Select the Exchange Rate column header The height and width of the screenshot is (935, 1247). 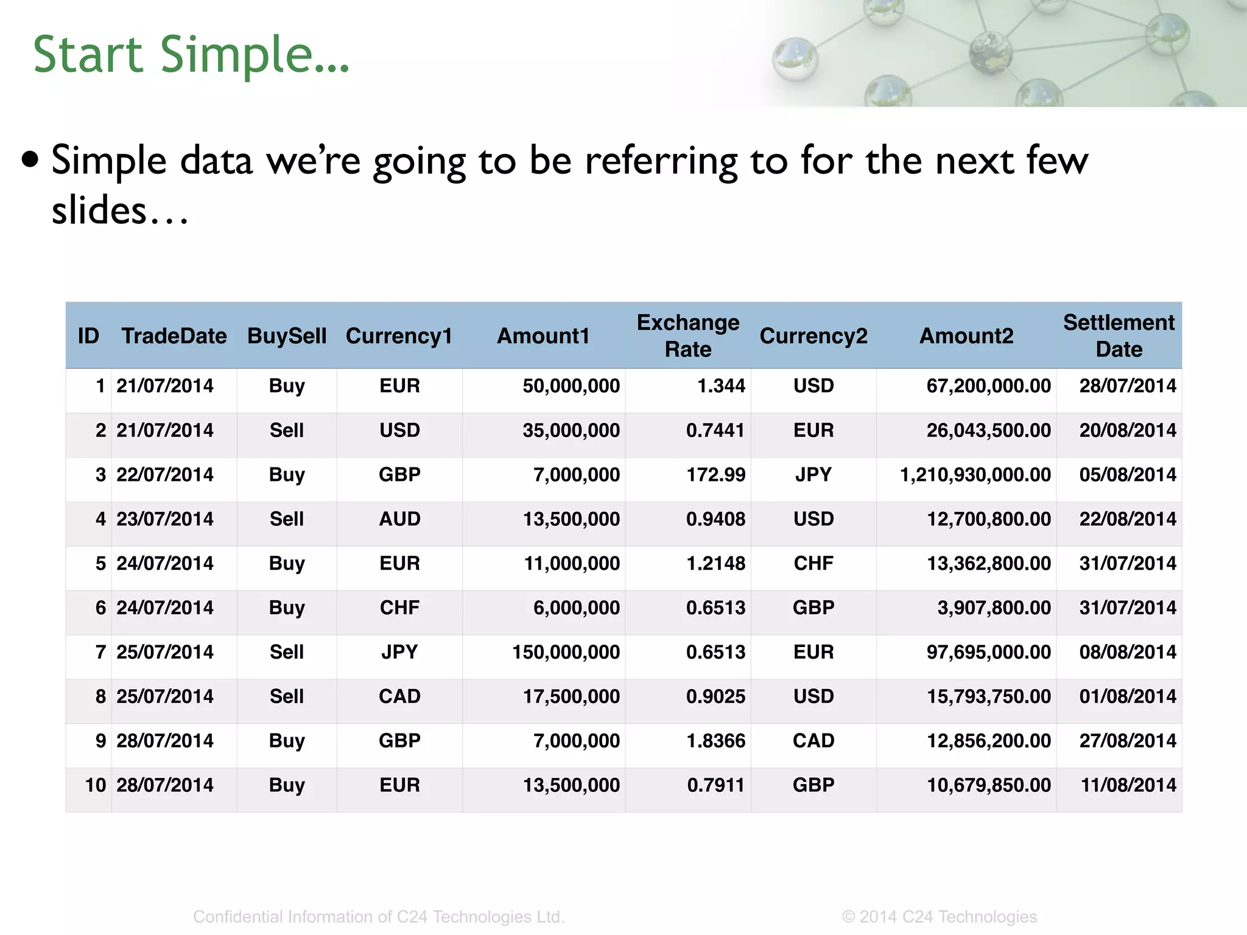click(688, 335)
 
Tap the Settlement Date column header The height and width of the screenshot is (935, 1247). click(1119, 335)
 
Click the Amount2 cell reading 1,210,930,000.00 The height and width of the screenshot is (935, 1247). click(975, 475)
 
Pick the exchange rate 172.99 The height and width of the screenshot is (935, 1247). click(715, 475)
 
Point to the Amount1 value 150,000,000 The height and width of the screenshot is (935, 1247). click(566, 652)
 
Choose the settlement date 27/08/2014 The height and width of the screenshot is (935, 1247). click(1128, 741)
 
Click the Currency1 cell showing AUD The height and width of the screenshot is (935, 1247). click(399, 519)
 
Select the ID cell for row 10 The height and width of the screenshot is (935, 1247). click(96, 785)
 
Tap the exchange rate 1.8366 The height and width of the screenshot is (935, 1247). click(715, 741)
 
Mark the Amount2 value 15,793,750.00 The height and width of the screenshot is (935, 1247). click(988, 696)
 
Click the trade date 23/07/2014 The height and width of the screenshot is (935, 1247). click(165, 519)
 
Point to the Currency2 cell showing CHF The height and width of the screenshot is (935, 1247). click(813, 564)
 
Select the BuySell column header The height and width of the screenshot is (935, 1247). click(287, 336)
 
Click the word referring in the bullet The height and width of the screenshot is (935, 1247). click(661, 161)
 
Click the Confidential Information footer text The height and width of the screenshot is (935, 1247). click(379, 917)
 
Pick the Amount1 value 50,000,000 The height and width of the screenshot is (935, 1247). click(571, 386)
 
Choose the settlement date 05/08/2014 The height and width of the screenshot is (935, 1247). click(1128, 475)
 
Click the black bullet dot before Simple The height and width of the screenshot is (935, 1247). click(30, 160)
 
